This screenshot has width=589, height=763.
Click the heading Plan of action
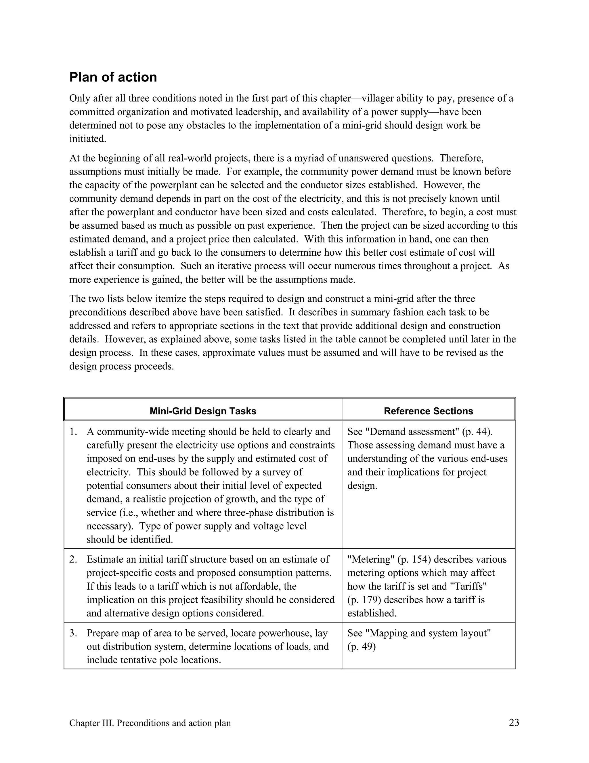113,77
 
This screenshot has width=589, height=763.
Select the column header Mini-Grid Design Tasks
203,411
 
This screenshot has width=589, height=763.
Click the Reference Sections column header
428,411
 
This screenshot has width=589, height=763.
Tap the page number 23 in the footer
514,722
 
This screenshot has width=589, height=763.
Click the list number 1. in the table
73,432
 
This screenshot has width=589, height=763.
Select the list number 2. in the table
73,559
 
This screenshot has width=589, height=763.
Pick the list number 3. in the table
73,633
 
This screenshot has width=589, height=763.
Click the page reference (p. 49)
362,647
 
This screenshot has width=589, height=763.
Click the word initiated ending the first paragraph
87,139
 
